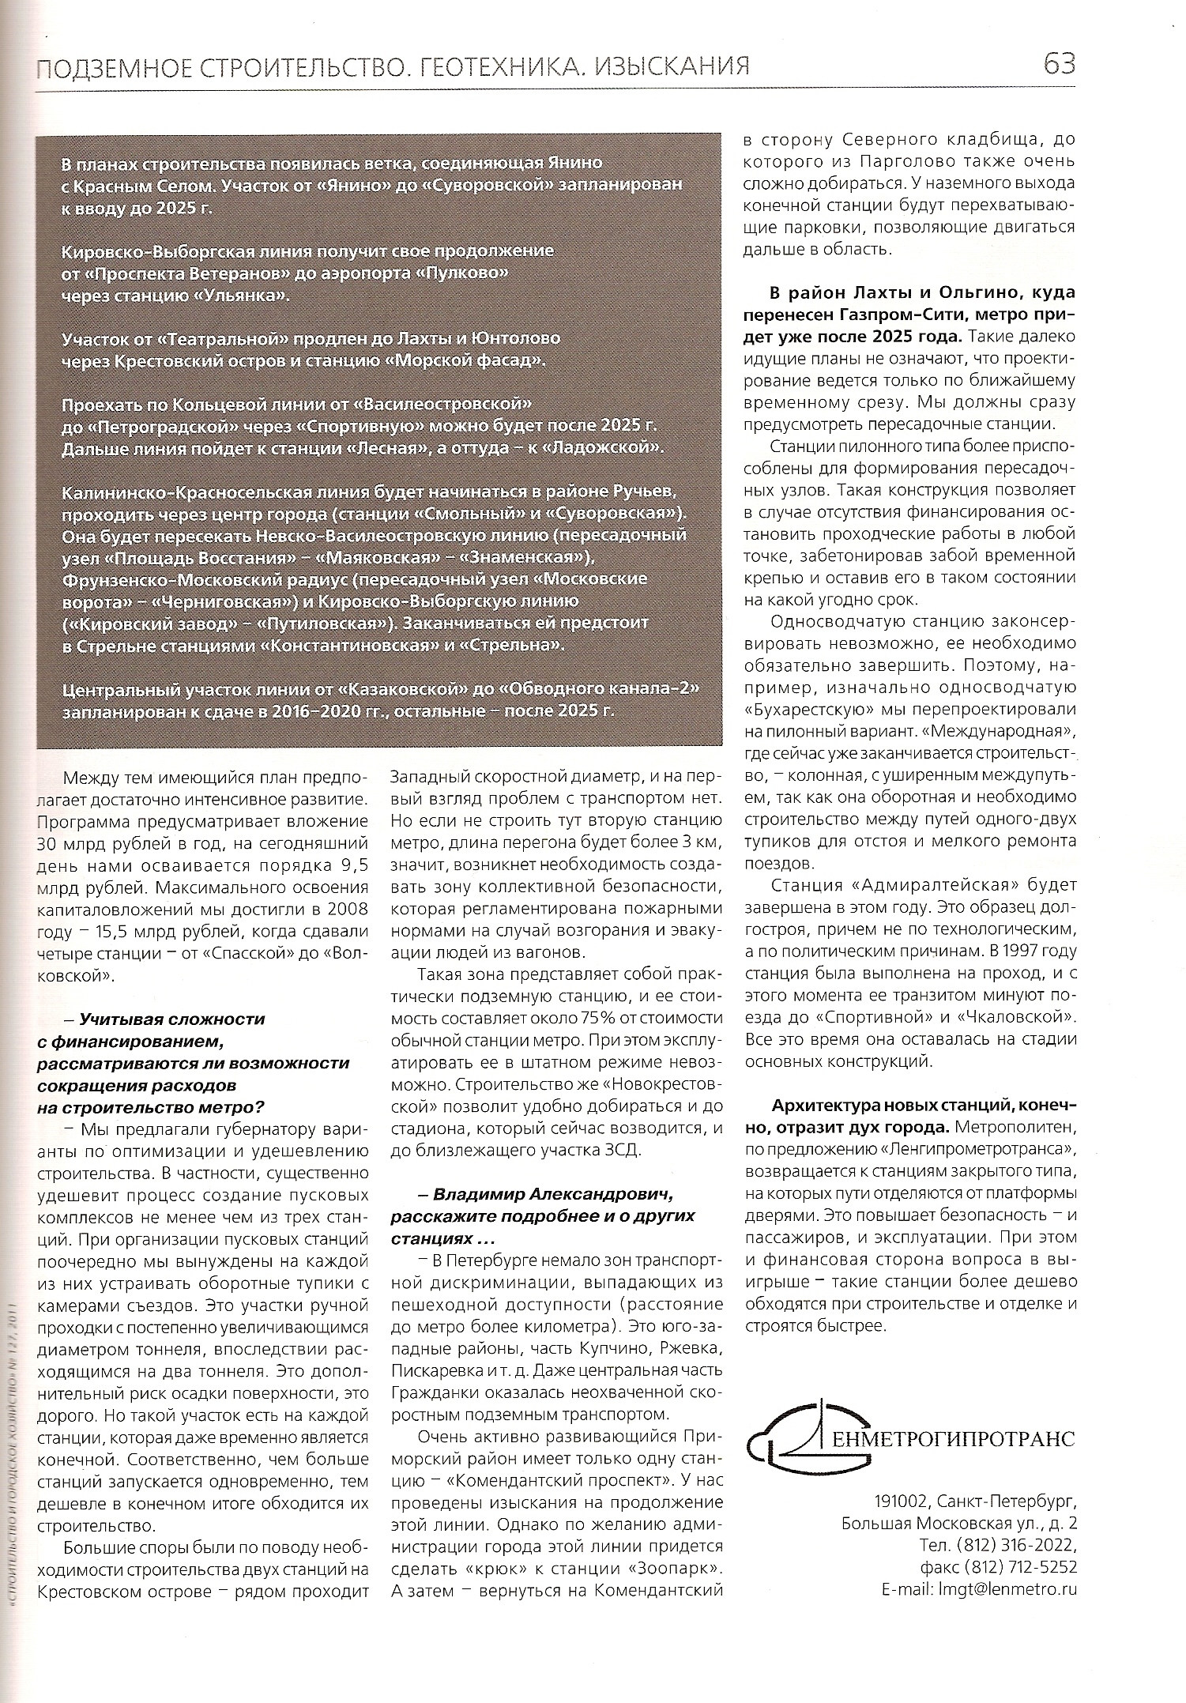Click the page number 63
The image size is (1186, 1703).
pyautogui.click(x=1059, y=63)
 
